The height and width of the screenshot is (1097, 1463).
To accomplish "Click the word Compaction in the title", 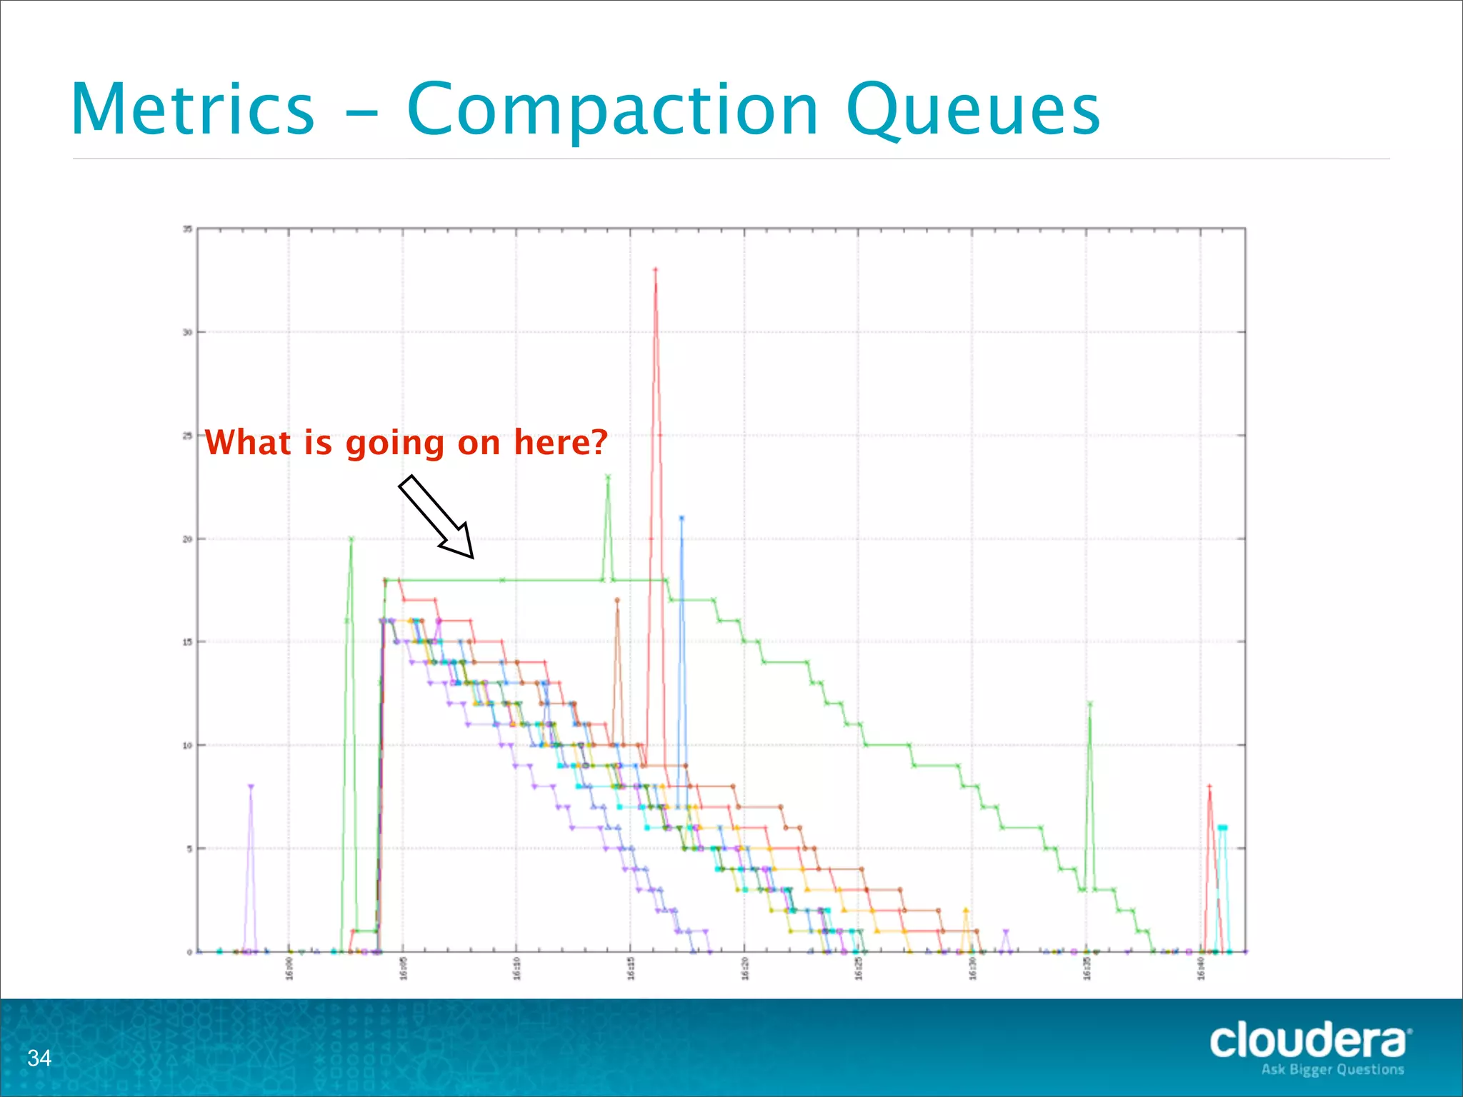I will coord(612,111).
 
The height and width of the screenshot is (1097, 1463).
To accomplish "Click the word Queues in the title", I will coord(972,111).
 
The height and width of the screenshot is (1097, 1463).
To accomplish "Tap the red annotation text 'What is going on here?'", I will coord(406,442).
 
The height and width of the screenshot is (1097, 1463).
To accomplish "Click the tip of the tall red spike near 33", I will coord(655,270).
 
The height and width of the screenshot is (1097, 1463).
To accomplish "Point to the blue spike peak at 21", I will coord(681,519).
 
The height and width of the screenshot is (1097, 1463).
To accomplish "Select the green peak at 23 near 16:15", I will coord(608,477).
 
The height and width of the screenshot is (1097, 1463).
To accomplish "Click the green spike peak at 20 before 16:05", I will coord(351,539).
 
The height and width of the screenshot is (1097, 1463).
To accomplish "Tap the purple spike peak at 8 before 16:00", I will coord(251,787).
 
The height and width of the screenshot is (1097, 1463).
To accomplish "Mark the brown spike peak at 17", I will coord(617,601).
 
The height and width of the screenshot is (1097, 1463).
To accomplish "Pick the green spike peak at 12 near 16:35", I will coord(1090,704).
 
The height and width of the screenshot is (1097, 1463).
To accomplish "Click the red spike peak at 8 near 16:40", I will coord(1209,787).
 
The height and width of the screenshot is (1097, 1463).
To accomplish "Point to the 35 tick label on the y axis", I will coord(187,229).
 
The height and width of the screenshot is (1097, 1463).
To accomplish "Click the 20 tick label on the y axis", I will coord(187,539).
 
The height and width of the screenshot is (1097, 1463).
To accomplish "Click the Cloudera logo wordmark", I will coord(1309,1041).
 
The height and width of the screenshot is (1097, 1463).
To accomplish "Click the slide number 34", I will coord(39,1058).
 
